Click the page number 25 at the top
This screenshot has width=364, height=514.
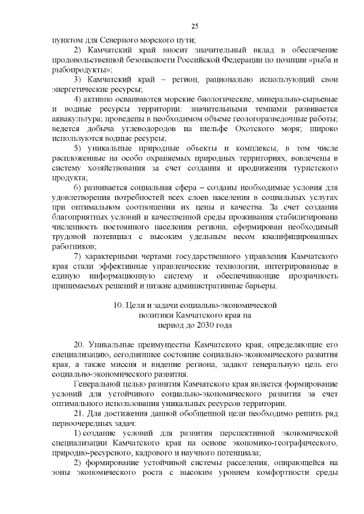click(195, 27)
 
